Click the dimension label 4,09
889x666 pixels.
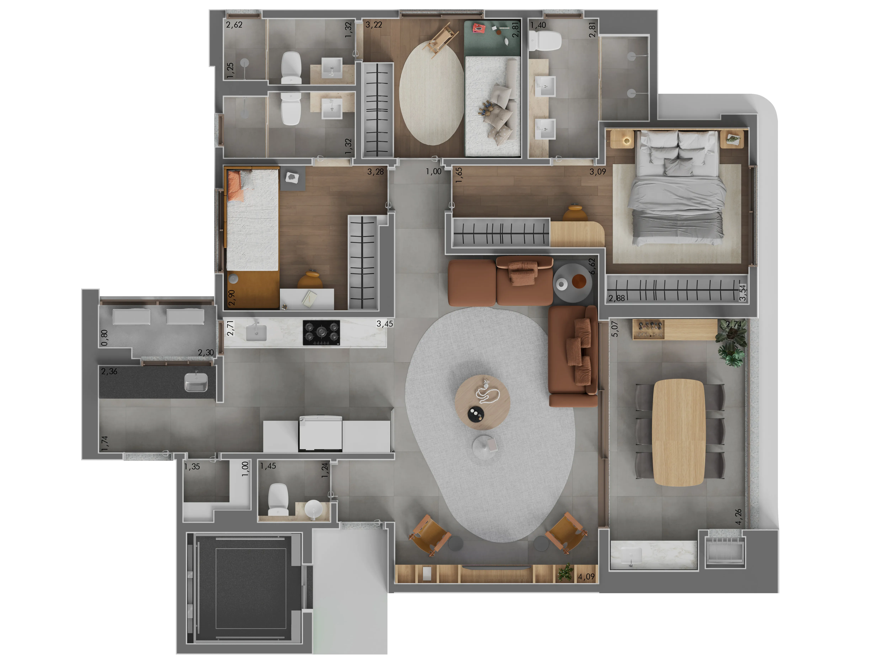(x=586, y=577)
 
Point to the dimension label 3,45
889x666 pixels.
(x=385, y=324)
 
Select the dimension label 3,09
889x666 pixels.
(x=598, y=172)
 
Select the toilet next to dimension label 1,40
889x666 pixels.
(x=545, y=41)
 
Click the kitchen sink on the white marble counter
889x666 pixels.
(x=256, y=333)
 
